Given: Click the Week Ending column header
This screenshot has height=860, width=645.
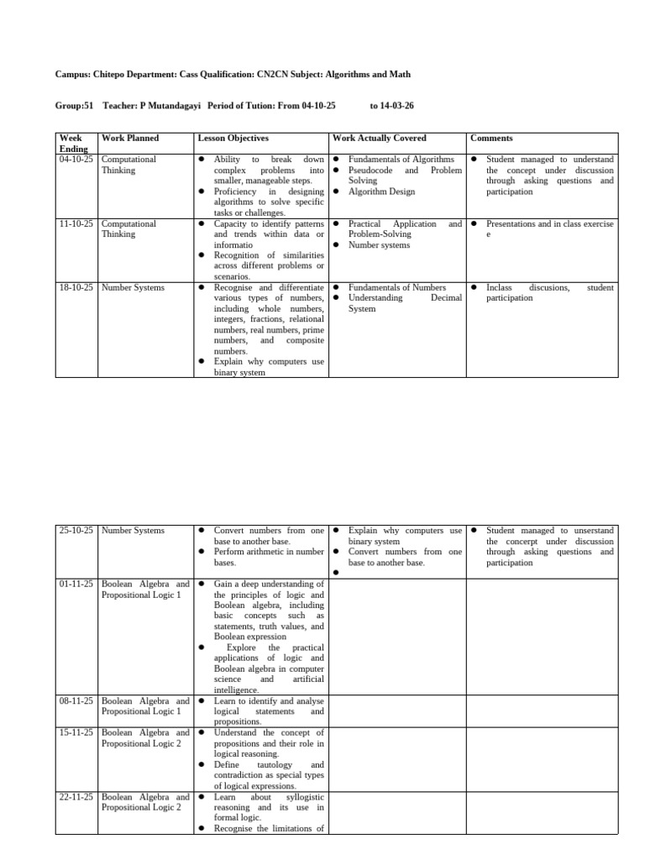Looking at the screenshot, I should point(73,143).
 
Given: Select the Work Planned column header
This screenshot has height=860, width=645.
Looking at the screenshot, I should point(129,138).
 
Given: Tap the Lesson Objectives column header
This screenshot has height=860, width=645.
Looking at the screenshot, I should point(233,138).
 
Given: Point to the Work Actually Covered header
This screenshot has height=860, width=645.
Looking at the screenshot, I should point(380,138).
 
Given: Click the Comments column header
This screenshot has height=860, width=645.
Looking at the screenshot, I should point(491,138).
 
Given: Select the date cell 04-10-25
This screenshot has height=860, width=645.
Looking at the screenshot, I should point(76,159).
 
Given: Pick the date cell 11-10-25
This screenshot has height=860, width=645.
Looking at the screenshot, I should point(76,224).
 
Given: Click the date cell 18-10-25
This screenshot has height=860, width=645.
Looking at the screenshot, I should point(76,287).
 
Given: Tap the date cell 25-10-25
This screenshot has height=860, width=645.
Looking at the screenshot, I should point(76,531).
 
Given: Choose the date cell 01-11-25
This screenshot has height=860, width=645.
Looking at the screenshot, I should point(76,584).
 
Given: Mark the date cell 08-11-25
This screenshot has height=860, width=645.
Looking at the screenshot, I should point(76,700).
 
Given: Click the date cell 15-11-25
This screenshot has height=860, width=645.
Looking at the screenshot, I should point(76,732).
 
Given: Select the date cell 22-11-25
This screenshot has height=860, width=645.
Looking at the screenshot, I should point(76,796).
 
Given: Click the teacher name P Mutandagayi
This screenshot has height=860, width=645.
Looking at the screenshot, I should point(172,107).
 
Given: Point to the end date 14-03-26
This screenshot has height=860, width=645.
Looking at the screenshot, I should point(391,107).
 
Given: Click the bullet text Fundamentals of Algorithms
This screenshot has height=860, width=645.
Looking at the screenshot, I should point(401,159).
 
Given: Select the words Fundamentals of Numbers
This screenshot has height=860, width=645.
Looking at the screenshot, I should point(397,287).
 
